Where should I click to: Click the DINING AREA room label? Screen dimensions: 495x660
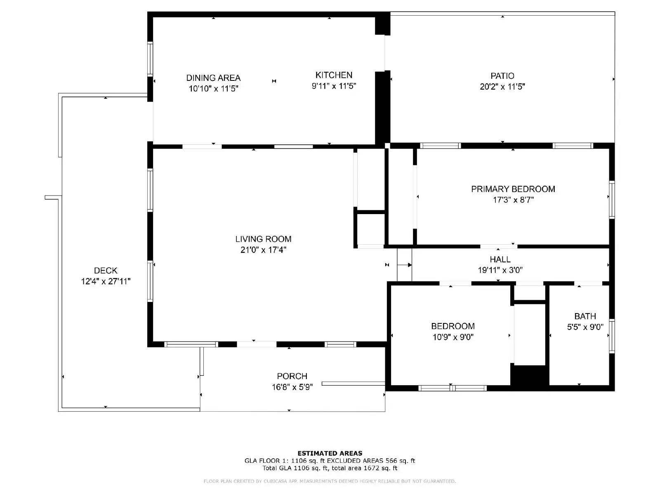(213, 78)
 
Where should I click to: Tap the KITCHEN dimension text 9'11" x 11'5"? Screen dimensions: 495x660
(334, 86)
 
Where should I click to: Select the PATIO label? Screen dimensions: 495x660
(502, 76)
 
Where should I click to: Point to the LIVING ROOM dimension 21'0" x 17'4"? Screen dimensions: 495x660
(263, 250)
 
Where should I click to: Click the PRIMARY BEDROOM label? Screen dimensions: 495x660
(513, 189)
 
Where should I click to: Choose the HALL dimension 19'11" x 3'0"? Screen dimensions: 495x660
(500, 270)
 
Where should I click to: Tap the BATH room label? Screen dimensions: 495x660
(585, 316)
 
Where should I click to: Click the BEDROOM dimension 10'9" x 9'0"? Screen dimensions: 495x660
(453, 337)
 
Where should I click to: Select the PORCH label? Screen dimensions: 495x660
(292, 376)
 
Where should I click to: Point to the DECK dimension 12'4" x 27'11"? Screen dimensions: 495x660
(106, 281)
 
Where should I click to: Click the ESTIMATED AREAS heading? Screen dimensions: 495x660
(330, 453)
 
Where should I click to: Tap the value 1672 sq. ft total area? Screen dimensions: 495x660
(379, 468)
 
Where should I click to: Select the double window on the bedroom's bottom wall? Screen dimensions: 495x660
(453, 388)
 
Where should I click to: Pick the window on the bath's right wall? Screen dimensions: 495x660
(612, 336)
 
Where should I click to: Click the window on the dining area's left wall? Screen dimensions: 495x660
(150, 59)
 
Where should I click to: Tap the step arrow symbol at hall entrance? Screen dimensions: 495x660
(404, 265)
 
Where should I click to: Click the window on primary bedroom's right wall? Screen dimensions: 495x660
(612, 200)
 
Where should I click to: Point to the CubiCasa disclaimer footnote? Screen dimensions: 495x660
(330, 481)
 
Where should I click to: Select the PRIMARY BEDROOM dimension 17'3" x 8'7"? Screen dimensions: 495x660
(513, 200)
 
